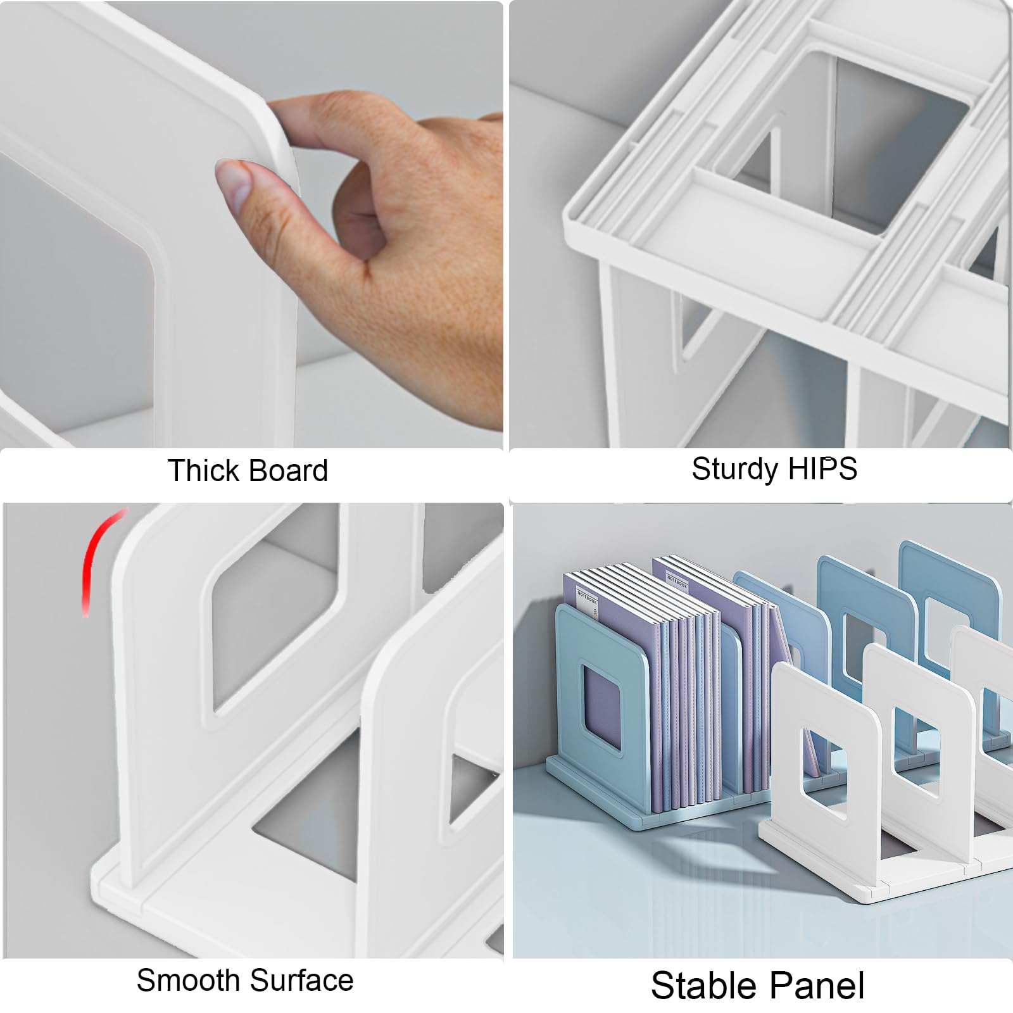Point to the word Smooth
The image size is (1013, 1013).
(186, 980)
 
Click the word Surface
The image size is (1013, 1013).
(300, 980)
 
